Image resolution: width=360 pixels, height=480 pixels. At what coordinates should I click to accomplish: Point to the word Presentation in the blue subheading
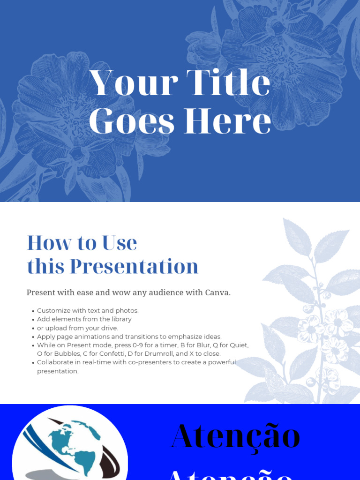click(x=134, y=266)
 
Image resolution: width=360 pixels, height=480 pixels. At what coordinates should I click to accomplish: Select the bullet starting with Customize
click(x=88, y=310)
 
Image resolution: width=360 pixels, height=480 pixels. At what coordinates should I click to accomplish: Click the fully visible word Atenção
click(x=235, y=436)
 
